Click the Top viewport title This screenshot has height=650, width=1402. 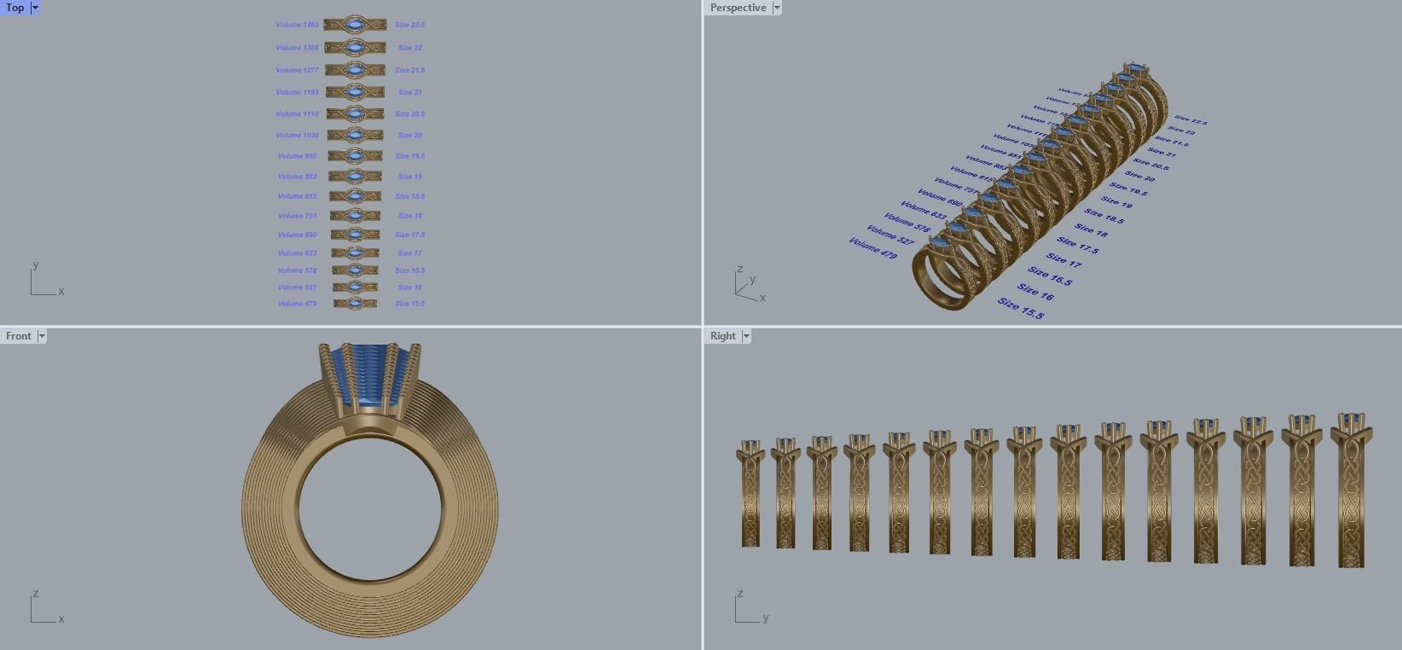click(x=14, y=8)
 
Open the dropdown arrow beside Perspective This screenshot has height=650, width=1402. click(x=776, y=8)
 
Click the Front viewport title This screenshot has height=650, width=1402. click(x=18, y=336)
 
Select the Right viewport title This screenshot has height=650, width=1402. click(x=722, y=336)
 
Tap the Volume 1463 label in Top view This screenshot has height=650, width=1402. click(x=297, y=25)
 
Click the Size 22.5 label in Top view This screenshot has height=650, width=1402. click(x=410, y=25)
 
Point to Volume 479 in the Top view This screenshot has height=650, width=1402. click(x=297, y=304)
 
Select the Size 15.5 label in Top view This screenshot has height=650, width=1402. click(x=410, y=304)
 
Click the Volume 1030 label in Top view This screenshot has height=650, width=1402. click(x=297, y=135)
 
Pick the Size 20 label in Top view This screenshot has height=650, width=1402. click(x=410, y=135)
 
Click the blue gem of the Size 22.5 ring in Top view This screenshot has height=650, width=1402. click(x=355, y=25)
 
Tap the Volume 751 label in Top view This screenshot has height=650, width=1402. click(x=297, y=216)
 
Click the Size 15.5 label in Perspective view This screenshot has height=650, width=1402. click(x=1021, y=308)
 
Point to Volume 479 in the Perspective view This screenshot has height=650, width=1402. click(x=872, y=248)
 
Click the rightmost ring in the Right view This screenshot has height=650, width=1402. click(x=1351, y=495)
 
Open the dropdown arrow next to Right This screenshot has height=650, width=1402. click(x=746, y=336)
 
